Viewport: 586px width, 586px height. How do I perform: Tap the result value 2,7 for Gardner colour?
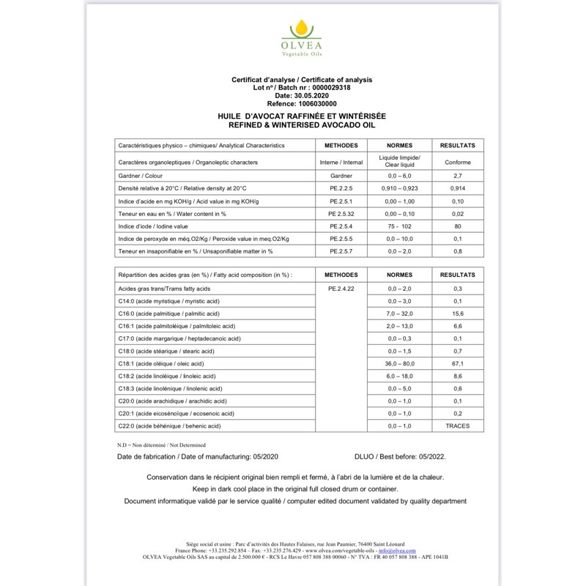pyautogui.click(x=458, y=176)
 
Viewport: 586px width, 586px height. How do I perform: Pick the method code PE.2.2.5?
pyautogui.click(x=341, y=188)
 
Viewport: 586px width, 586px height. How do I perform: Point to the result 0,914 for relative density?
pyautogui.click(x=458, y=188)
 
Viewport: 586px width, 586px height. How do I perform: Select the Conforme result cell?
pyautogui.click(x=458, y=162)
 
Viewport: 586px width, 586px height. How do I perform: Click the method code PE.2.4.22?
pyautogui.click(x=341, y=289)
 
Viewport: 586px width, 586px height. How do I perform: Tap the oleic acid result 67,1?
pyautogui.click(x=458, y=363)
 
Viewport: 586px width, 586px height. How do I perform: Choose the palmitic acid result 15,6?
pyautogui.click(x=458, y=314)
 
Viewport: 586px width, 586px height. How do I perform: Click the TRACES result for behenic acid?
pyautogui.click(x=458, y=426)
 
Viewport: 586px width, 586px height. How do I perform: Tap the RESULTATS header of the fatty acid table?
pyautogui.click(x=458, y=275)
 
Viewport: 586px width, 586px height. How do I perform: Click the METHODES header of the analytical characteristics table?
pyautogui.click(x=341, y=145)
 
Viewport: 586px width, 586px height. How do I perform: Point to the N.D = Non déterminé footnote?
pyautogui.click(x=161, y=445)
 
